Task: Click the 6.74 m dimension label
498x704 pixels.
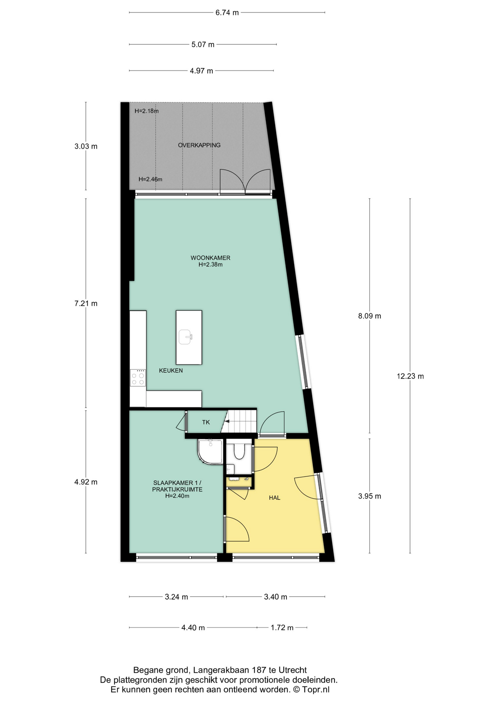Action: point(227,13)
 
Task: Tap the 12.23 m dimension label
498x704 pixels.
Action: point(410,376)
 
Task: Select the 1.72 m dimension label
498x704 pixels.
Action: point(282,628)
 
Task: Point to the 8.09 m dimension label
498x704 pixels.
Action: point(370,316)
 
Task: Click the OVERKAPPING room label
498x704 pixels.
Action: point(199,145)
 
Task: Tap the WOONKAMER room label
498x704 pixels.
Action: point(210,258)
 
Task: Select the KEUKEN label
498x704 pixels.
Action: point(171,371)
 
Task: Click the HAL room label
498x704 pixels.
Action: point(275,498)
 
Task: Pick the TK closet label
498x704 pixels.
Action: point(206,422)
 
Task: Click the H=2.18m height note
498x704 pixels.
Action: point(147,111)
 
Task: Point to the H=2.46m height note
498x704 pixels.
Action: point(150,180)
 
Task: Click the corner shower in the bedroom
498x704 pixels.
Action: point(210,451)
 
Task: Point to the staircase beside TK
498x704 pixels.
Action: point(241,422)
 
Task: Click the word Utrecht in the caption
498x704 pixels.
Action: point(293,670)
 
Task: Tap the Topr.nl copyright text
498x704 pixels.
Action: point(312,690)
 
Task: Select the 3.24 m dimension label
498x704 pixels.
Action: point(176,597)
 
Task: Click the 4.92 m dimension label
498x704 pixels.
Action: point(86,482)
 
